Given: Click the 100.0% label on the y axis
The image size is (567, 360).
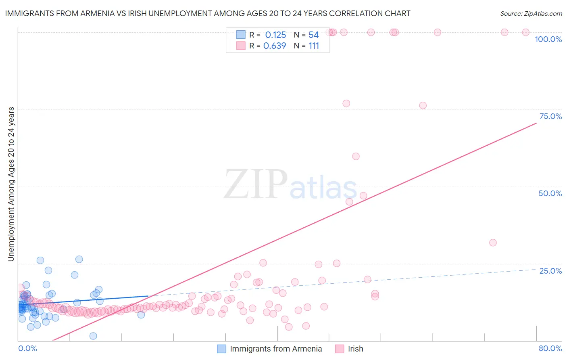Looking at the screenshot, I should [x=548, y=39].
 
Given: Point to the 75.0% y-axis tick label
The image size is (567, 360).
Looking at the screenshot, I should [x=550, y=116].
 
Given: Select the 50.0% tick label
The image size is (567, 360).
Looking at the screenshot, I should [x=550, y=193].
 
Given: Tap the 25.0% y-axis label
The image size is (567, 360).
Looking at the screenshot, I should [x=550, y=271].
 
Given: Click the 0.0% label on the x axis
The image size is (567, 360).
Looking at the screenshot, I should [x=27, y=348].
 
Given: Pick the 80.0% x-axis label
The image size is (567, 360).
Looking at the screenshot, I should [x=550, y=348].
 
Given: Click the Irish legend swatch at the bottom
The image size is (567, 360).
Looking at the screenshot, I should [x=340, y=349].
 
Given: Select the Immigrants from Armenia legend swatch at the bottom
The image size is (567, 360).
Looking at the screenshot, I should [x=221, y=349].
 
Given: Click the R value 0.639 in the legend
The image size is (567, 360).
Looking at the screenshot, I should [x=275, y=46].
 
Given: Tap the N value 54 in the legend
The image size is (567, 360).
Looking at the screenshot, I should [x=313, y=35].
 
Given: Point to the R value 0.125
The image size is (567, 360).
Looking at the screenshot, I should [x=275, y=35].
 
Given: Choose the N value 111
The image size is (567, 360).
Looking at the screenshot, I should [x=314, y=46].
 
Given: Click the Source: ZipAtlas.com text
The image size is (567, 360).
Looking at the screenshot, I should [x=531, y=14].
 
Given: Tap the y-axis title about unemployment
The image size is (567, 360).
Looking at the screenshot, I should [x=11, y=184].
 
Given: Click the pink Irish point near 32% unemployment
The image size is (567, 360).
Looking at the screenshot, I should [x=493, y=243].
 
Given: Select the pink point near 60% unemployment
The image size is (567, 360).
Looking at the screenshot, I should [x=356, y=156].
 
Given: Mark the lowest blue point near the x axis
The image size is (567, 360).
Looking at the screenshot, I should [x=93, y=336].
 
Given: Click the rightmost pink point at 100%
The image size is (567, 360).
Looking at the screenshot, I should [x=525, y=32].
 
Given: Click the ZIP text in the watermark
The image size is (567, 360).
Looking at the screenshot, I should [x=256, y=184].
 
